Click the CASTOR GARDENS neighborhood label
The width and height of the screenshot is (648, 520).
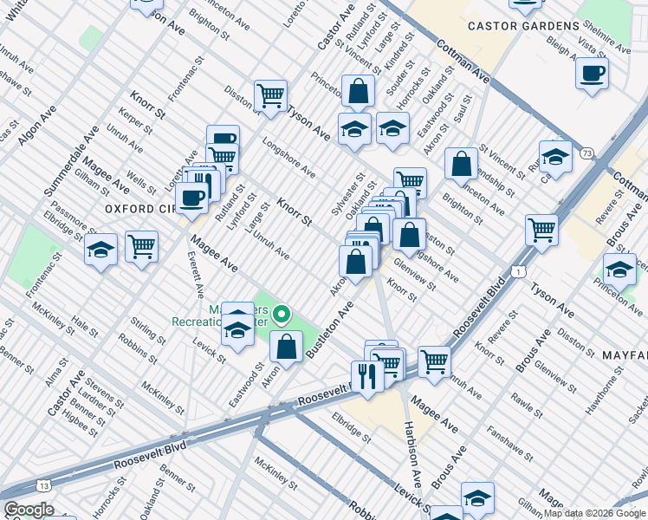click(522, 27)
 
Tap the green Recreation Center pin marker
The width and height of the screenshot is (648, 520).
click(281, 314)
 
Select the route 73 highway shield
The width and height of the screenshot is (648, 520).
click(587, 153)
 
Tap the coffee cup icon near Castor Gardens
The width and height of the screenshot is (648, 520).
click(592, 74)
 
